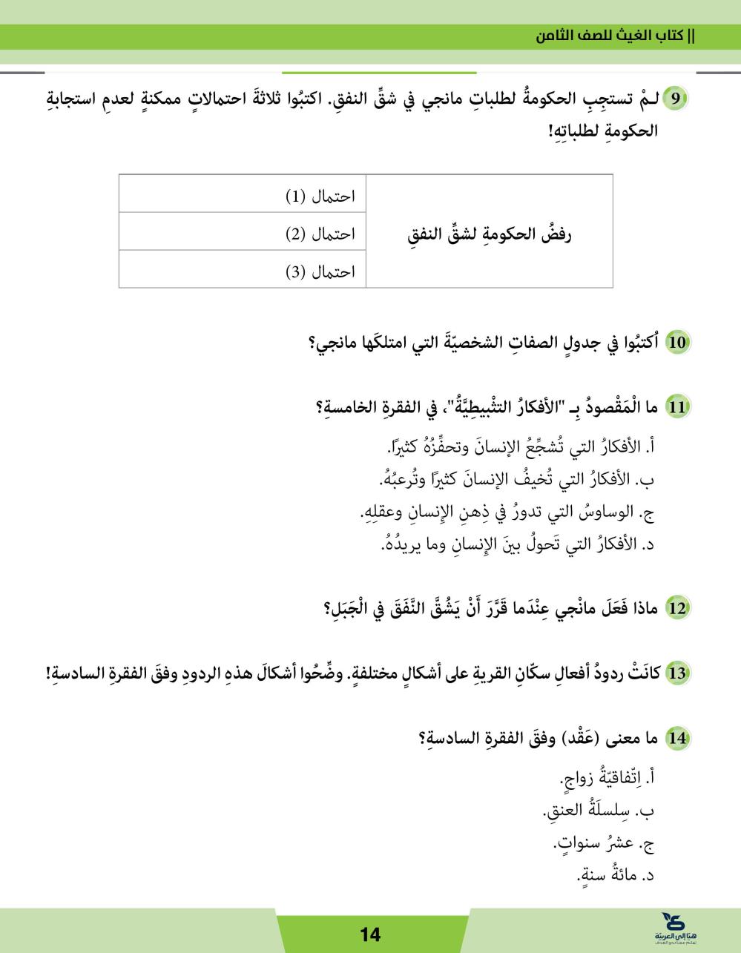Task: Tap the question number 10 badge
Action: coord(676,343)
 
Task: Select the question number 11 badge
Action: coord(676,407)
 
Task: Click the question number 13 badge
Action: coord(676,674)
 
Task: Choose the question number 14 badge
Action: coord(676,739)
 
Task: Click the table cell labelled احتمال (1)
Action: coord(243,196)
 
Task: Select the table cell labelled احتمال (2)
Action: coord(243,234)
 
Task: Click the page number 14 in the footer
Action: coord(370,934)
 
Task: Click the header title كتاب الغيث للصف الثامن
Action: coord(623,36)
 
